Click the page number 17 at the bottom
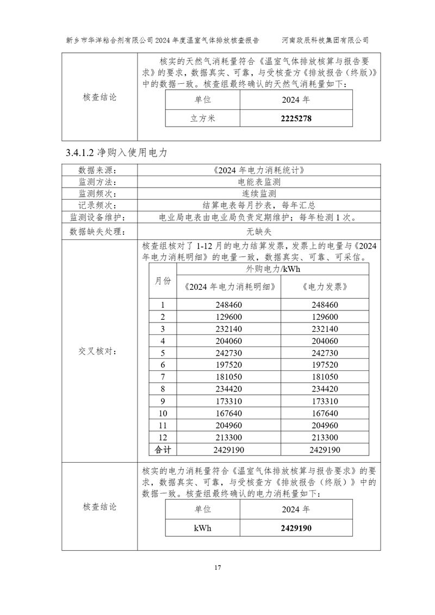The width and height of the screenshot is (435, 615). (217, 568)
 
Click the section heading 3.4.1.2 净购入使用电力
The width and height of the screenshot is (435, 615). (116, 153)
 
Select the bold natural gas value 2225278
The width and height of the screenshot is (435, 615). (296, 118)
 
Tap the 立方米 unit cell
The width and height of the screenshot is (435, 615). (203, 118)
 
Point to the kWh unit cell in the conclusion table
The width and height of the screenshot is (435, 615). (203, 528)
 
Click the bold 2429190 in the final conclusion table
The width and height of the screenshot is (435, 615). (296, 528)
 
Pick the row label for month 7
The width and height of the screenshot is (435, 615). (162, 377)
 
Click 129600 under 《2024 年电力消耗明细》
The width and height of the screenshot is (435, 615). (233, 317)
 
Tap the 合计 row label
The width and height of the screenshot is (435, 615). (162, 450)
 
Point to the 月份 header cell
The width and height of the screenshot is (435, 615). (162, 281)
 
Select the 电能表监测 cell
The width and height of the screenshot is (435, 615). (258, 182)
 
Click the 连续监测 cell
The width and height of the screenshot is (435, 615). (258, 194)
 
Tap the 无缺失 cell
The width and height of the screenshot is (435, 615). (258, 231)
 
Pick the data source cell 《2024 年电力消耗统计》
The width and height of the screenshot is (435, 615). (258, 170)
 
